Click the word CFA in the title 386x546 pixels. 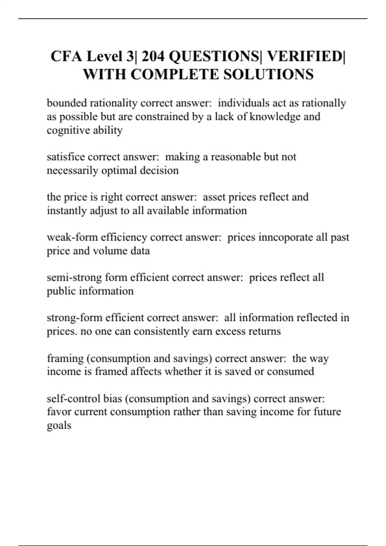coord(67,57)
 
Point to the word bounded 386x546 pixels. coord(67,103)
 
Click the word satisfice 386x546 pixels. coord(66,157)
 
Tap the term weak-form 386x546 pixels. coord(72,237)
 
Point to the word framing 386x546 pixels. coord(65,358)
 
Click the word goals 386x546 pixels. coord(59,426)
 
